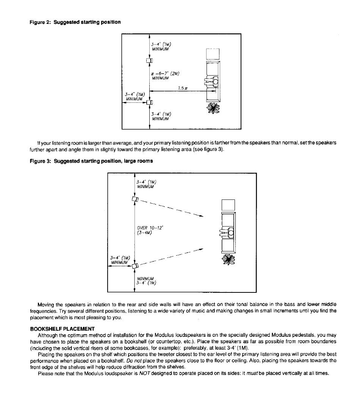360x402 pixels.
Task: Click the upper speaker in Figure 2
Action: coord(150,61)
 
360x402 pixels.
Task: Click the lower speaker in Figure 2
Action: coord(150,102)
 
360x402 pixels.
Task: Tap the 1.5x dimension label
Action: coord(183,88)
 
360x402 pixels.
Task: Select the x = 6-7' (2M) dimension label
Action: coord(166,74)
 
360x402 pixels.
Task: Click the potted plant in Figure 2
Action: coord(213,108)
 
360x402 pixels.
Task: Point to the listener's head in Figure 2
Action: coord(215,82)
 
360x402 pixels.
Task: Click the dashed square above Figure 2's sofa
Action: coord(213,54)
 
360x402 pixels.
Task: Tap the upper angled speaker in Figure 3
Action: coord(135,199)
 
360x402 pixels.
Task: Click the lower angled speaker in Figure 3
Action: coord(135,265)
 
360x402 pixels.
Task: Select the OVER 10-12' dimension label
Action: coord(150,228)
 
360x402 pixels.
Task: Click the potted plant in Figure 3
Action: coord(228,259)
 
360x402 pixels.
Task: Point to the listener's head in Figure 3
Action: coord(231,233)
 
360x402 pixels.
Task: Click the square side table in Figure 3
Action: coord(228,205)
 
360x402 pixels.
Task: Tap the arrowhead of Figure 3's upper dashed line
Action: coord(201,216)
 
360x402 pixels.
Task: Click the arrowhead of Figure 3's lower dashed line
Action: coord(201,249)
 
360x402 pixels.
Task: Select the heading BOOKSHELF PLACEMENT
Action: coord(63,329)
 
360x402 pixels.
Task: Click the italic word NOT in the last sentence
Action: coord(144,373)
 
